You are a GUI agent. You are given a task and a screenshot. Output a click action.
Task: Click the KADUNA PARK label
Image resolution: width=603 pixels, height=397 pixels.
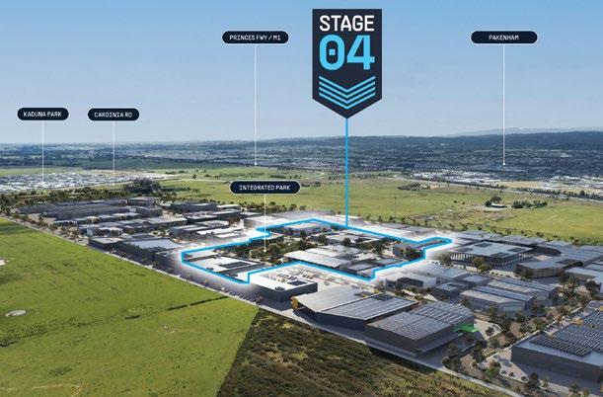[x=43, y=115]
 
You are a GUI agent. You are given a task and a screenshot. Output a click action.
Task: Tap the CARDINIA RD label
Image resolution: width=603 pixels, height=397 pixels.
[x=113, y=115]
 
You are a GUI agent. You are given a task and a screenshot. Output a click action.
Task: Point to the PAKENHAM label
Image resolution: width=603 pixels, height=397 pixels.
[x=503, y=38]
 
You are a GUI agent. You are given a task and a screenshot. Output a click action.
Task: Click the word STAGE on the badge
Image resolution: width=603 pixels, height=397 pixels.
[x=346, y=22]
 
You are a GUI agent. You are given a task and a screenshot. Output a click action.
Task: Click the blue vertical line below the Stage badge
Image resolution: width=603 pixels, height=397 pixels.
[x=347, y=168]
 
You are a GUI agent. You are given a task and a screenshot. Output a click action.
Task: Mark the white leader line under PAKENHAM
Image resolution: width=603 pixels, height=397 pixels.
[x=503, y=99]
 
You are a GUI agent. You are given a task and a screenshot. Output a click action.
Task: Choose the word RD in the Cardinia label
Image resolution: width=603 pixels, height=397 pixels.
[x=129, y=115]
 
